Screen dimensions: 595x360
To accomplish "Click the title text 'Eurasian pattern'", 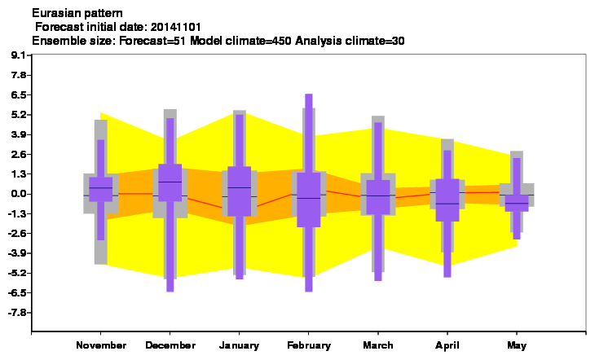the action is pos(77,14).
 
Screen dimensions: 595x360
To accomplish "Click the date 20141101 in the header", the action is pos(176,28).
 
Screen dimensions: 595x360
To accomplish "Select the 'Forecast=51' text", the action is pos(152,41).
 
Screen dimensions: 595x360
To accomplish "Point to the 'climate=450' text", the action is pos(258,41).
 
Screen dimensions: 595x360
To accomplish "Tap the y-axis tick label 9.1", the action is pos(19,55).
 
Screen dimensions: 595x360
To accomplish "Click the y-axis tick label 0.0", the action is pos(19,194).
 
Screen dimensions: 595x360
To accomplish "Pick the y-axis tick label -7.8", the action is pos(17,313).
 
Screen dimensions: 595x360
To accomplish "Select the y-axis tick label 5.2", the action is pos(19,115).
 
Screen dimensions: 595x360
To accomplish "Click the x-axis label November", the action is pos(101,345).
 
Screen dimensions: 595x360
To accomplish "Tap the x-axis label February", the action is pos(309,345).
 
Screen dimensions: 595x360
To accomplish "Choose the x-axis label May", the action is pos(517,345).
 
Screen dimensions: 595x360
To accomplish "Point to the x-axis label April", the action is pos(447,345).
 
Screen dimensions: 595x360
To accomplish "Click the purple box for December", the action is pos(170,182).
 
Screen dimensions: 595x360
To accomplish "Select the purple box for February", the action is pos(309,200).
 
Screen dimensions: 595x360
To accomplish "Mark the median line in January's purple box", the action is pos(240,187).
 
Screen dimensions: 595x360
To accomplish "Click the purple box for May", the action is pos(517,203).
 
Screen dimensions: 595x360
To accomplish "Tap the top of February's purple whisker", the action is pos(309,94).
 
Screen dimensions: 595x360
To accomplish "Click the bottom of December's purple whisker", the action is pos(170,292).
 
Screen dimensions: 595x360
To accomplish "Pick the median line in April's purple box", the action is pos(447,204).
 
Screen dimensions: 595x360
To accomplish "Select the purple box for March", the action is pos(378,197).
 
